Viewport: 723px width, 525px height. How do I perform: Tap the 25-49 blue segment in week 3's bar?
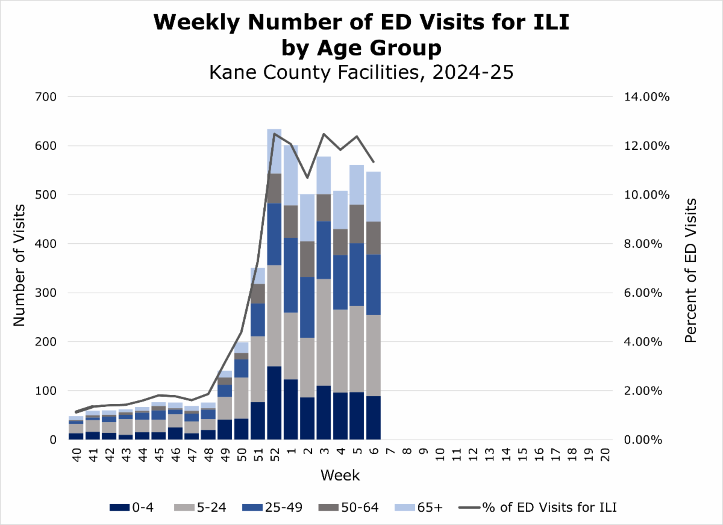click(324, 250)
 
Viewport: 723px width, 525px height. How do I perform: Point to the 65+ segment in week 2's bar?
click(307, 217)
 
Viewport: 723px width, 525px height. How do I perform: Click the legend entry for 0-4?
click(132, 508)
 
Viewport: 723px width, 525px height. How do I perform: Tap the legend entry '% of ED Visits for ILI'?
click(540, 508)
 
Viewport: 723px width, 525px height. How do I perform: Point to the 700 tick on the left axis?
click(45, 97)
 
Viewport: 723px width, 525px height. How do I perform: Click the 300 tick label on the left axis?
click(45, 293)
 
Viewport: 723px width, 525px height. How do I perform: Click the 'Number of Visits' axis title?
click(19, 265)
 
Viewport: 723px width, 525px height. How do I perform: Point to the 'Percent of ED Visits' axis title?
click(690, 270)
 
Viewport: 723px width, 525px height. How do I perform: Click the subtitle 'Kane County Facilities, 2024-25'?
click(361, 73)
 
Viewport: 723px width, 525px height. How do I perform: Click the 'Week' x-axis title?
click(340, 476)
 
